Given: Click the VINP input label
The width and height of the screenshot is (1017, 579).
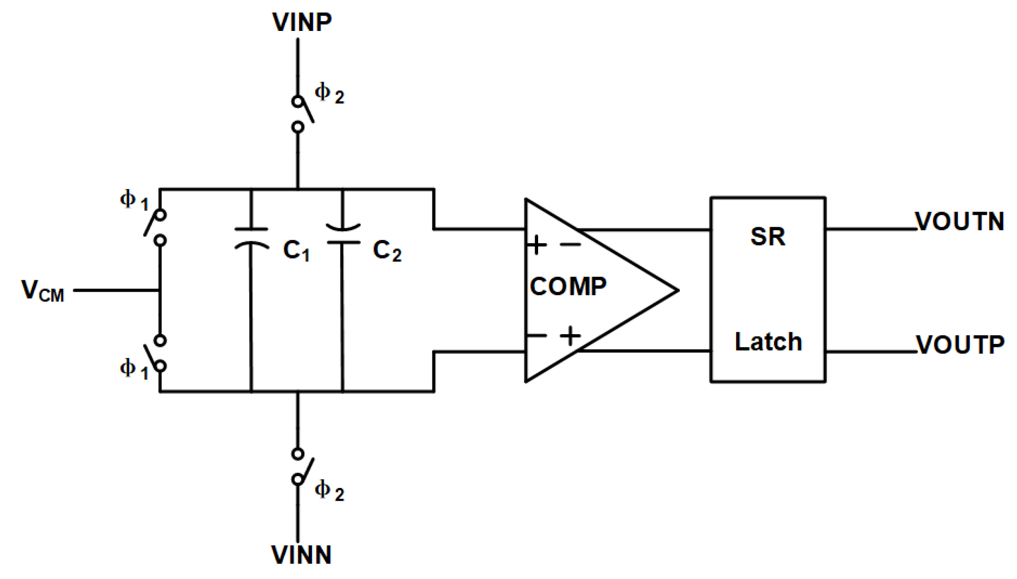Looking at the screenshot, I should tap(302, 22).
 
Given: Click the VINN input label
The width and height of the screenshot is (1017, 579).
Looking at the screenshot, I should tap(301, 555).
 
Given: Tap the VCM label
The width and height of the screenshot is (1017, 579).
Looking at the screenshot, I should tap(42, 292).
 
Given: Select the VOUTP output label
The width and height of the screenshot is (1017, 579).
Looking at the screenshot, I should tap(960, 345).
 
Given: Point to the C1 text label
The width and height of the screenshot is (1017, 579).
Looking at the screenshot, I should tap(296, 251).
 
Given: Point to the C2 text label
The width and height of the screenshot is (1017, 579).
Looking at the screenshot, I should tap(387, 251).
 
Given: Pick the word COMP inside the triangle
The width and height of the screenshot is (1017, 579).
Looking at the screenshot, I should tap(568, 287).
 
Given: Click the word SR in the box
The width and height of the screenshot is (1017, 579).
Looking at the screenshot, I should tap(768, 236).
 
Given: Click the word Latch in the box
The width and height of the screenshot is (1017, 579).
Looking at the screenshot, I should tap(768, 342).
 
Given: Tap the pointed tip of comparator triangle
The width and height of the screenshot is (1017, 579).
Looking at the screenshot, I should tap(677, 290).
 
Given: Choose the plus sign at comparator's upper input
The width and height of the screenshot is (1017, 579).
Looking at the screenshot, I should tap(536, 245).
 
